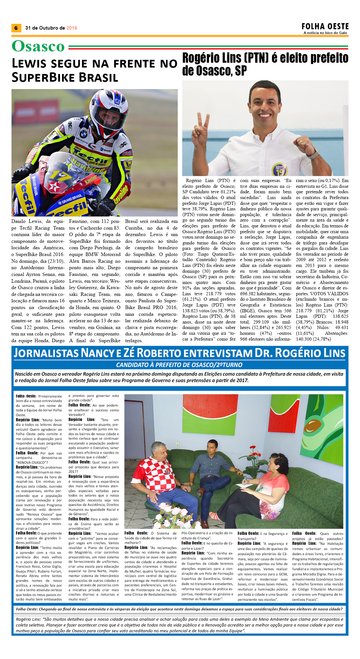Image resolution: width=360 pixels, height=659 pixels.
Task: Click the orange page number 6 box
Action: point(16,28)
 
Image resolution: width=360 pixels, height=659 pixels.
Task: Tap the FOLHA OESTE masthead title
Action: point(325,26)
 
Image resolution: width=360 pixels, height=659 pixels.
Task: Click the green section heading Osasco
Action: point(38,46)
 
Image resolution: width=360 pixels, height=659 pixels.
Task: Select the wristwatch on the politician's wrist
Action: point(312,153)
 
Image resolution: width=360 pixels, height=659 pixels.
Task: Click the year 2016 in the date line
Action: point(72,28)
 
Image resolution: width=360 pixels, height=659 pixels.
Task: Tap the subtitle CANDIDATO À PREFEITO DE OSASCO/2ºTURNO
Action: point(179,365)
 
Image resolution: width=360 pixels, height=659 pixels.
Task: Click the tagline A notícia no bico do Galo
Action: point(325,33)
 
